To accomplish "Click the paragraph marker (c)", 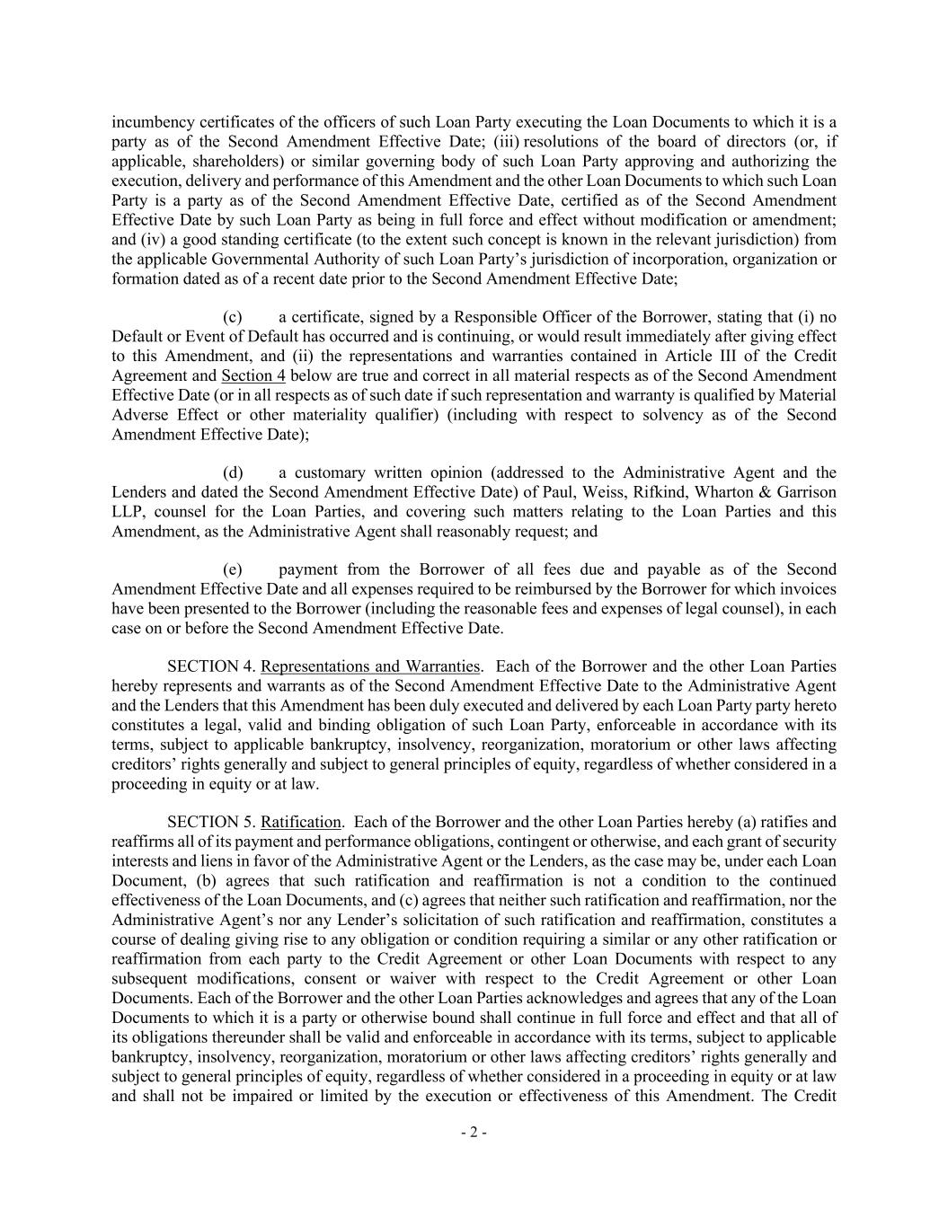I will pyautogui.click(x=232, y=317).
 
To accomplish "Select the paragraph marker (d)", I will pyautogui.click(x=232, y=473).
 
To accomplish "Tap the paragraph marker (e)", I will pyautogui.click(x=232, y=570).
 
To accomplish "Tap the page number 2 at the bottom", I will pyautogui.click(x=474, y=1133).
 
